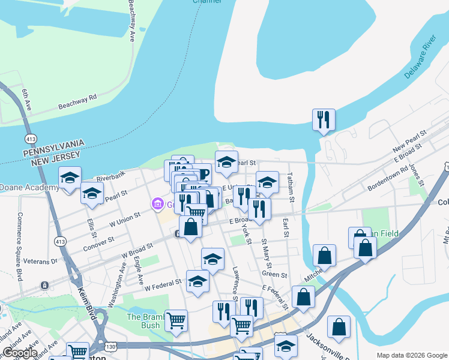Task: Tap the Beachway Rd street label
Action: pyautogui.click(x=77, y=101)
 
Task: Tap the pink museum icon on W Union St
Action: pyautogui.click(x=158, y=205)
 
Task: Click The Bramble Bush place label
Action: pyautogui.click(x=143, y=321)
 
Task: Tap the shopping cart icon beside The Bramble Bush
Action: pyautogui.click(x=176, y=320)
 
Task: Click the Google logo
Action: pyautogui.click(x=20, y=353)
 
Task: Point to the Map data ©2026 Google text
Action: pyautogui.click(x=411, y=355)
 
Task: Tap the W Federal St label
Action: pyautogui.click(x=163, y=284)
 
